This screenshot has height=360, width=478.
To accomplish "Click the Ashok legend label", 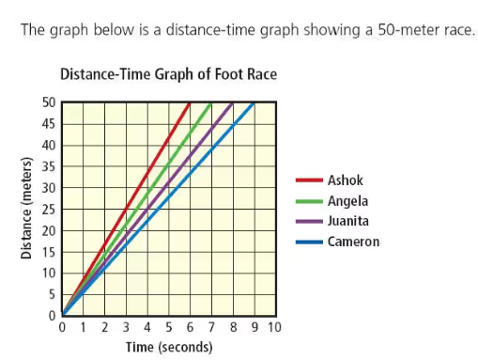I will click(343, 179).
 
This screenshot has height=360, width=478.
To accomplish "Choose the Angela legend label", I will click(347, 200).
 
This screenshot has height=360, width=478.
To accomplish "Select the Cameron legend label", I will click(353, 242).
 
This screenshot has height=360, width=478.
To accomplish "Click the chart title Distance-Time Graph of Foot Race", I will click(168, 73).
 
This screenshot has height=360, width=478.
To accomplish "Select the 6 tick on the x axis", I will click(190, 328).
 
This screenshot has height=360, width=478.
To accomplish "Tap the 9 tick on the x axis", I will click(254, 328).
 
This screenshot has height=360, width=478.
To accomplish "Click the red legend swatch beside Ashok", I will click(309, 179).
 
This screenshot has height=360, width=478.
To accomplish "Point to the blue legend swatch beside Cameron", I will click(309, 242).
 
